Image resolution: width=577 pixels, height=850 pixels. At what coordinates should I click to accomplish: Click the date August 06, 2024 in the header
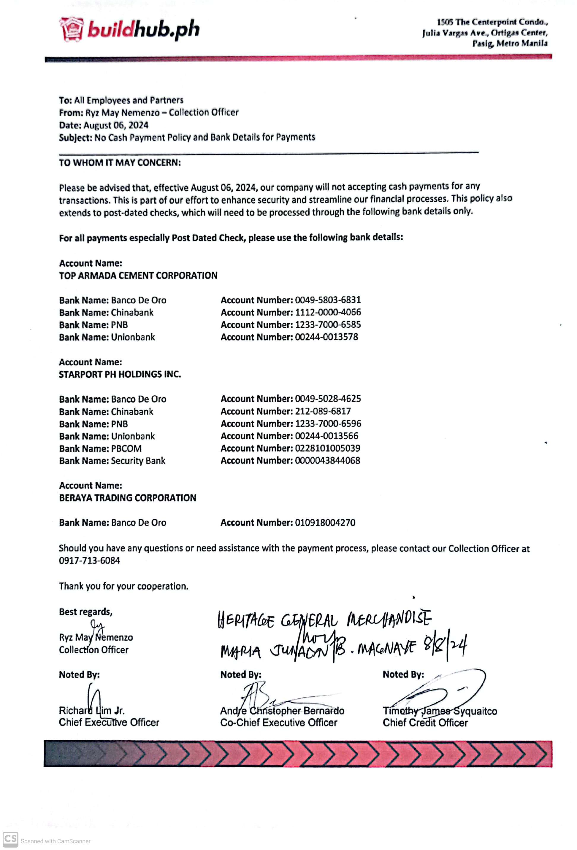coord(116,125)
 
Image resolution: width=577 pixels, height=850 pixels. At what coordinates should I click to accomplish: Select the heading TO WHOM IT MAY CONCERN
coord(120,163)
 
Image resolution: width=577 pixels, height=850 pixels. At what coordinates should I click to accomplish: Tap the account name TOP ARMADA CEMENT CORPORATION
coord(138,276)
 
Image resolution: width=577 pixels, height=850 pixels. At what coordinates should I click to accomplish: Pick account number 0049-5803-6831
coord(328,300)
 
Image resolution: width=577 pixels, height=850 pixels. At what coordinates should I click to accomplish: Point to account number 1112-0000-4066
coord(328,312)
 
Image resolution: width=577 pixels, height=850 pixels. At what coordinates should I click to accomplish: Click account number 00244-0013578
coord(326,337)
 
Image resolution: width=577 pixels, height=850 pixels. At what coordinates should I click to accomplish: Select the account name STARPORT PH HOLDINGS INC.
coord(120,374)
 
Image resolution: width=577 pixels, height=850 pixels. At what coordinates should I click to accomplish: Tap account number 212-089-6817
coord(323,411)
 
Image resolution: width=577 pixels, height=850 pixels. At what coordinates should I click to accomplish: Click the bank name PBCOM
coord(126,448)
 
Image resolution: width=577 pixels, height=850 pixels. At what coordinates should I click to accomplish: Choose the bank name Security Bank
coord(138,461)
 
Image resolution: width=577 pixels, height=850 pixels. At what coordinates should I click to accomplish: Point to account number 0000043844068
coord(327,461)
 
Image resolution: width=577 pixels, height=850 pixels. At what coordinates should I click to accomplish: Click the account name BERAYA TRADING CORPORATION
coord(127,498)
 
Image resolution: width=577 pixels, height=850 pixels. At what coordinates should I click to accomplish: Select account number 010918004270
coord(325,523)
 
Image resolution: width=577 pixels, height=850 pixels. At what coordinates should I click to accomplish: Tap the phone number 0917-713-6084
coord(89,560)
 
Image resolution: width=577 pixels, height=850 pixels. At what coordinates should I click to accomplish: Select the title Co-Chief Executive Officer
coord(279,722)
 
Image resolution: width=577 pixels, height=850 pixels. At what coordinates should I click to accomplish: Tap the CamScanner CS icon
coord(10,839)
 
